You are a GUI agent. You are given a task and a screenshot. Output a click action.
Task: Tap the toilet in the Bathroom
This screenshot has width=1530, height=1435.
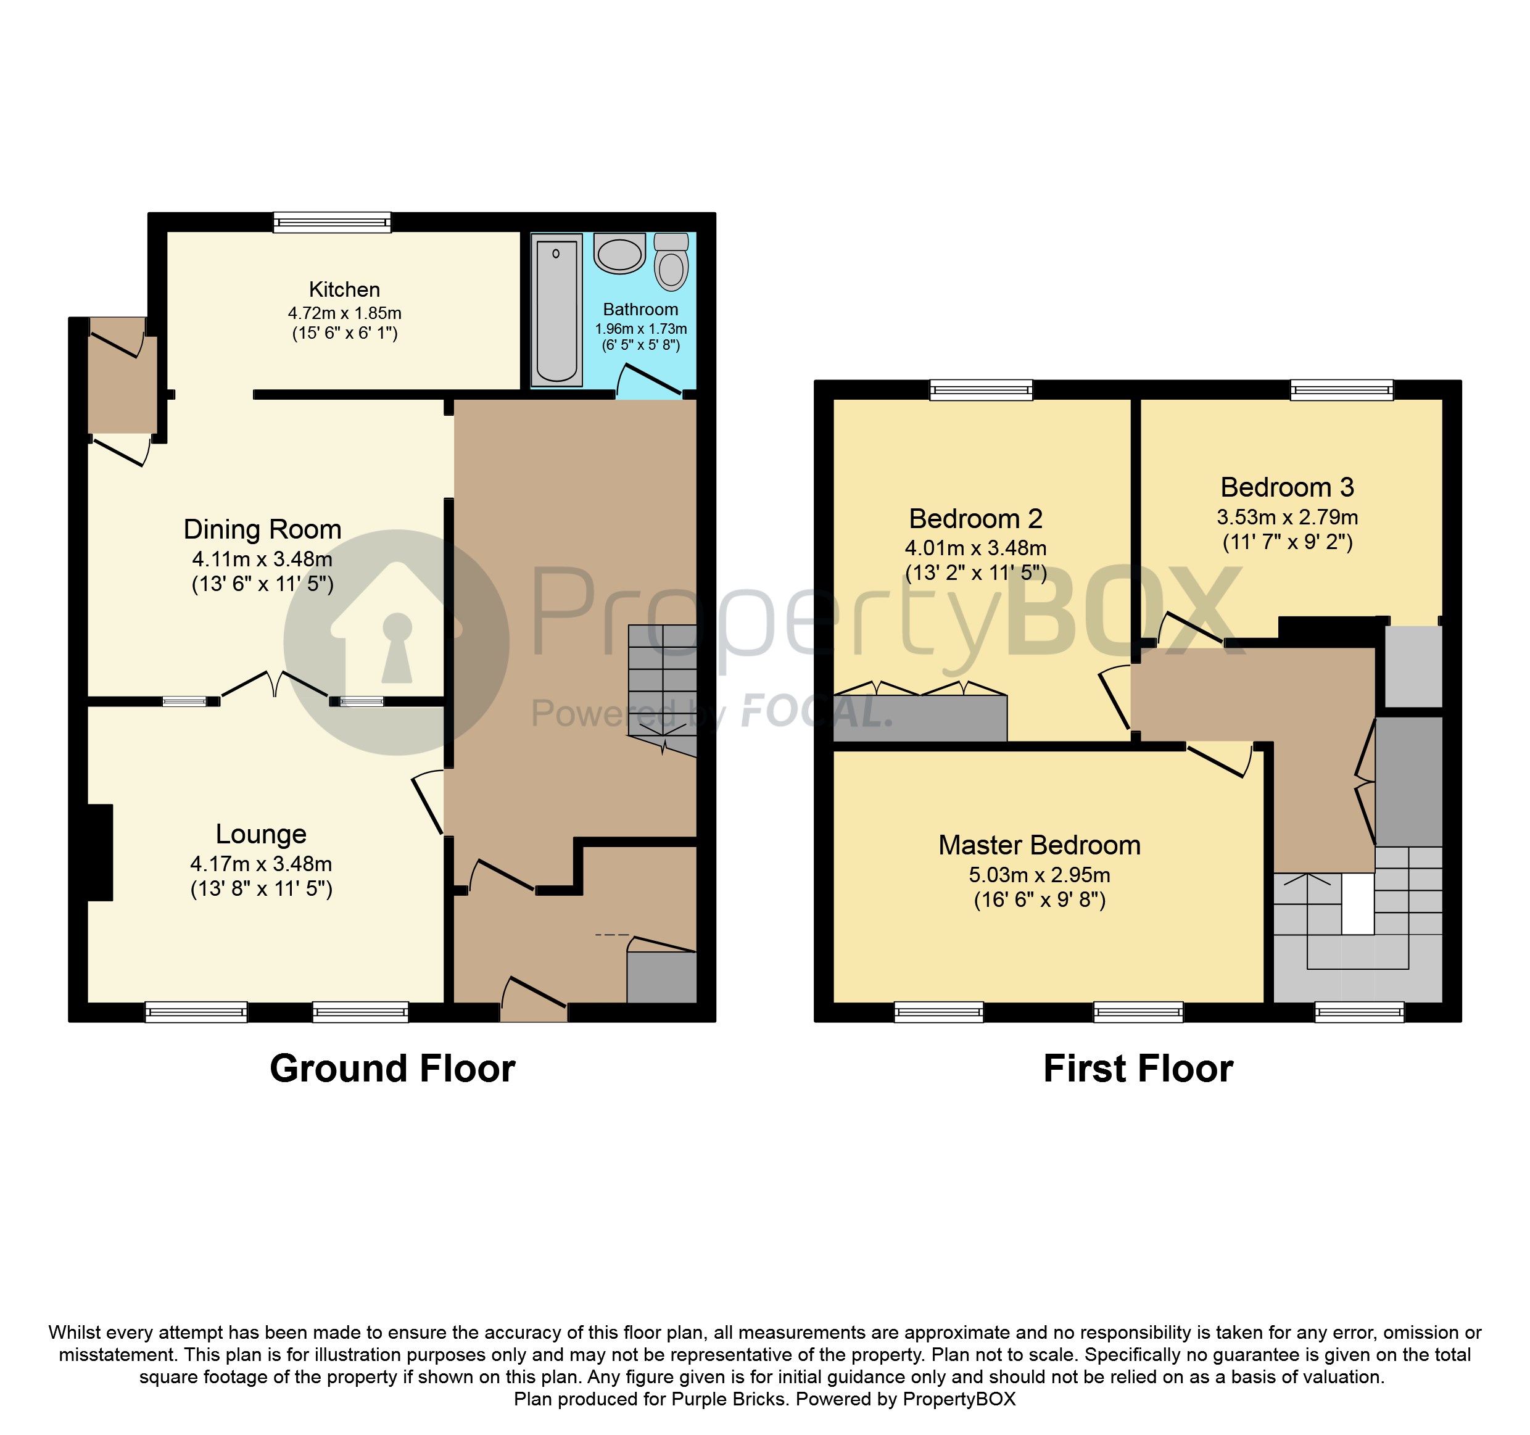[672, 263]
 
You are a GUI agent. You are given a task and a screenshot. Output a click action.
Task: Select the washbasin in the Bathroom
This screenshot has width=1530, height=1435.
[619, 254]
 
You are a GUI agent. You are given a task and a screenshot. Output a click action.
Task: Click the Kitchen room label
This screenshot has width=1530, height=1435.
[344, 289]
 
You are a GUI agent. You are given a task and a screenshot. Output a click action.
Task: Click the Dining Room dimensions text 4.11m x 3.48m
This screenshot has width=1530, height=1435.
[262, 560]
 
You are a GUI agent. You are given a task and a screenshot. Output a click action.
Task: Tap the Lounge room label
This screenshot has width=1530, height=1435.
[261, 833]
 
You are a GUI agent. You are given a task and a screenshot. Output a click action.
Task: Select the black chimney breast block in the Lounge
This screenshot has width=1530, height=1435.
[99, 852]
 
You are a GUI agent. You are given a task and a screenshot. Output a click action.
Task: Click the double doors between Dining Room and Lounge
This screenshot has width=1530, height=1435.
[275, 685]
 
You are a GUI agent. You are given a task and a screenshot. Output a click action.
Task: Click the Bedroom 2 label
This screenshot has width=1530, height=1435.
[975, 519]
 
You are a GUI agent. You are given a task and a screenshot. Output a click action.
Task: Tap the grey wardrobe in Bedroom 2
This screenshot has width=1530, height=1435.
[920, 719]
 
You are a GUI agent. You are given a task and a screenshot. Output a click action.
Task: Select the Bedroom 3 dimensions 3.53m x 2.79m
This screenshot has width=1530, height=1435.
[1287, 517]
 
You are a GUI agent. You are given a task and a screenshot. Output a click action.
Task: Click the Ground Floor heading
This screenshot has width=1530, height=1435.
[392, 1069]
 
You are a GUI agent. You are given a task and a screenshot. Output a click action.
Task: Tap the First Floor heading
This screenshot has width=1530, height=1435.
[1138, 1069]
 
